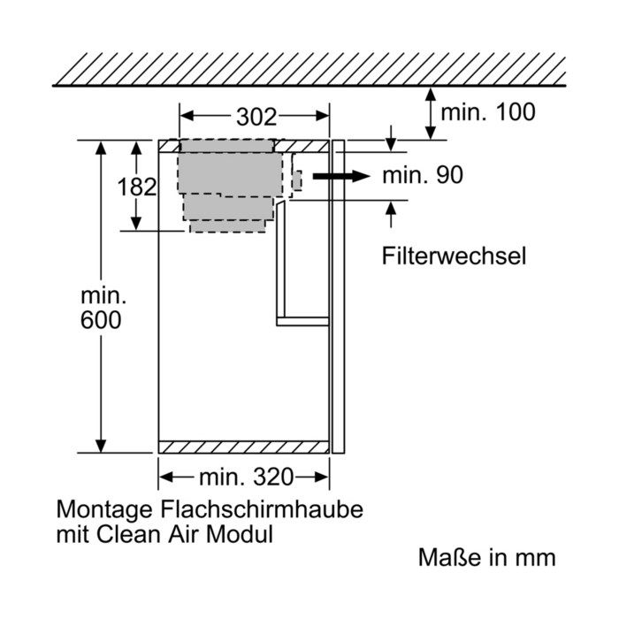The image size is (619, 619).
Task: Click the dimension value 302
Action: [256, 117]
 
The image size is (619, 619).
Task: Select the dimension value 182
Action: [137, 187]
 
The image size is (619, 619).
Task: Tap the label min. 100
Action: [488, 111]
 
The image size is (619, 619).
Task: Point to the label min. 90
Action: [423, 175]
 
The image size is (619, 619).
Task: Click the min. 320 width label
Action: [247, 477]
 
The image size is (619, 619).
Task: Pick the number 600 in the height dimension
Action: [101, 320]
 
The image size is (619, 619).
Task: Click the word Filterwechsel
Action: [454, 256]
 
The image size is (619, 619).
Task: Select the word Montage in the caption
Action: [104, 510]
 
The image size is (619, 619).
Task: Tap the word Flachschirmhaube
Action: [262, 509]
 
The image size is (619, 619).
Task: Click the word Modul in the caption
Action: [240, 534]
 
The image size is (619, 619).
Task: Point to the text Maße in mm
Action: [487, 557]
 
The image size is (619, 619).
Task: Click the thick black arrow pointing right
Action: [341, 176]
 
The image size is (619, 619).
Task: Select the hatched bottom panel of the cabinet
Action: [243, 447]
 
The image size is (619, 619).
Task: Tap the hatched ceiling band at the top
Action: [309, 69]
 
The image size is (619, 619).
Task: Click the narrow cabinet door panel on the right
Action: [339, 296]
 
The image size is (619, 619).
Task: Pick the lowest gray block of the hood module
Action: [228, 226]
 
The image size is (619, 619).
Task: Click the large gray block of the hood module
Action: [230, 173]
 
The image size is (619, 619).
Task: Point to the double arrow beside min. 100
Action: [431, 114]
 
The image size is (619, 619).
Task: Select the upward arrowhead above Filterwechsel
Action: [391, 208]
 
